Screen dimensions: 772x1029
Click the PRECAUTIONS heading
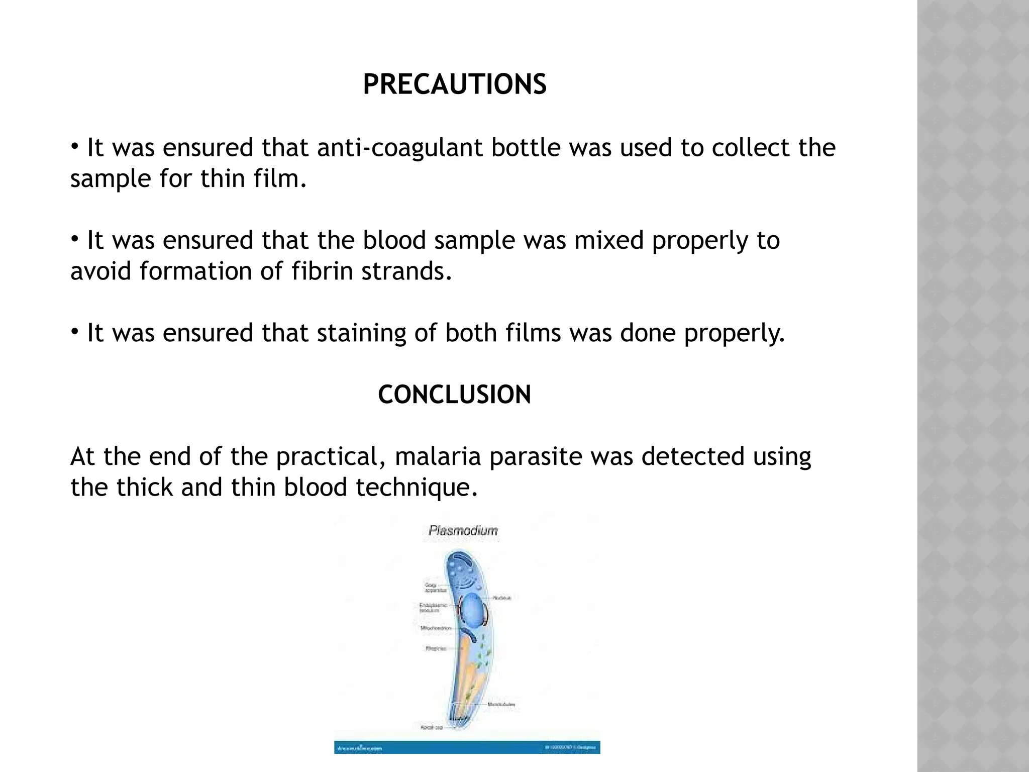454,84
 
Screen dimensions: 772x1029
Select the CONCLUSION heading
454,395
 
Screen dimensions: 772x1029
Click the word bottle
526,148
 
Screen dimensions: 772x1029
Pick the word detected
693,457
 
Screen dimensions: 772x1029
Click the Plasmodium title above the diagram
463,531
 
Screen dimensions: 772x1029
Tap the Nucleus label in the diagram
502,598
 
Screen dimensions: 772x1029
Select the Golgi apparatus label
432,588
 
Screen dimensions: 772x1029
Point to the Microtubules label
501,705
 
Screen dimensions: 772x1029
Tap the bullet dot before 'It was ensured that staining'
74,332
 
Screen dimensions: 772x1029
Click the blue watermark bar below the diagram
467,748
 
